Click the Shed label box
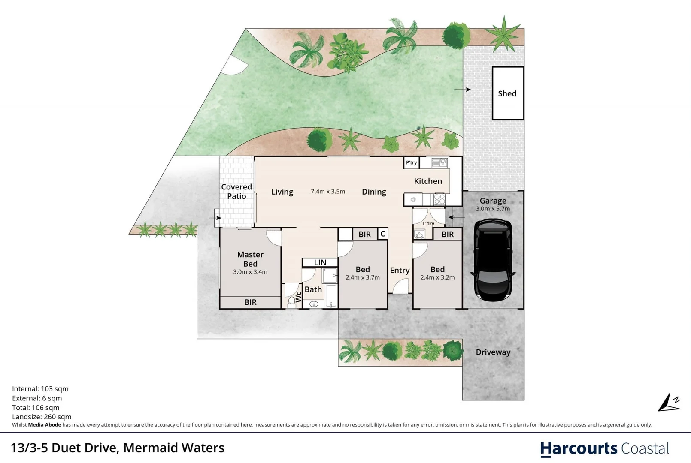[507, 93]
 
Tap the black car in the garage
[493, 260]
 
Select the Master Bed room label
[250, 259]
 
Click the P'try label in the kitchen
[411, 162]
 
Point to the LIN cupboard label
[320, 262]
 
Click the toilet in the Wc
[292, 301]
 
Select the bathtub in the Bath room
[330, 296]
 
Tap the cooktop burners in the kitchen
[439, 199]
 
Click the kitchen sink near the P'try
[439, 162]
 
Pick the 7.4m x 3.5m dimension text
[328, 192]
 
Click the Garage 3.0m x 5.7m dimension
[493, 209]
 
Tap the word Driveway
[493, 352]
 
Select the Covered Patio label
[236, 192]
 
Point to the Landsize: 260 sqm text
[42, 417]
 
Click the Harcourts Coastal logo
[604, 448]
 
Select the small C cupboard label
[382, 234]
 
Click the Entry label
[400, 270]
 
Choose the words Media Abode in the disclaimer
[45, 425]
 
